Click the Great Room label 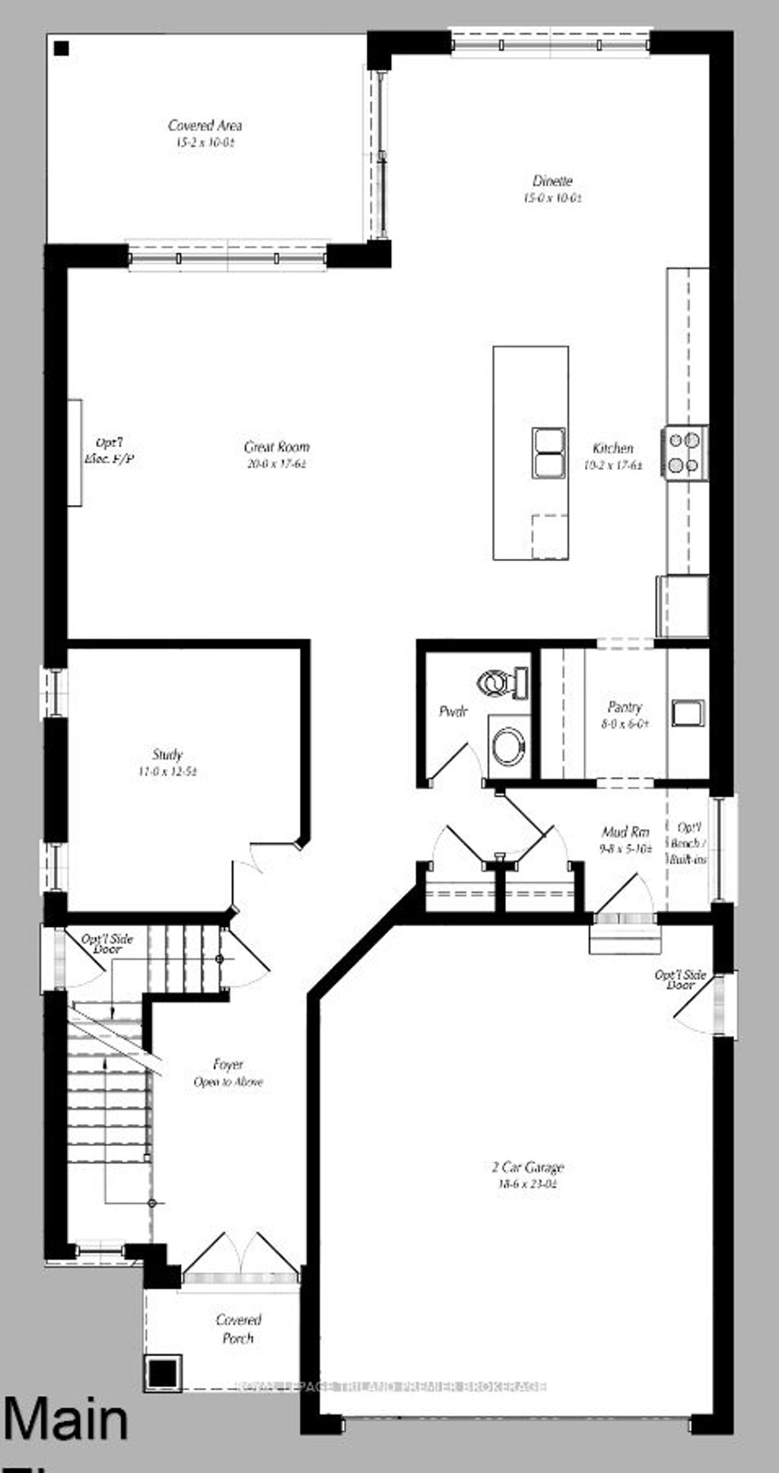tap(276, 447)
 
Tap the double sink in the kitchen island tap(548, 452)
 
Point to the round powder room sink tap(507, 746)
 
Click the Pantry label tap(625, 707)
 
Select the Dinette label tap(552, 181)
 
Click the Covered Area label tap(205, 125)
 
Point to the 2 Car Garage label tap(528, 1167)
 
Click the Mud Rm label tap(625, 832)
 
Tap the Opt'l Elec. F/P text tap(109, 450)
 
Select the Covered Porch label tap(238, 1329)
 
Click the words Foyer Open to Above tap(228, 1073)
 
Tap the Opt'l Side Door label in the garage tap(681, 979)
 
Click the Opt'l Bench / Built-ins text tap(688, 843)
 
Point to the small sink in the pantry tap(688, 713)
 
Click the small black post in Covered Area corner tap(62, 49)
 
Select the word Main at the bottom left tap(65, 1419)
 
